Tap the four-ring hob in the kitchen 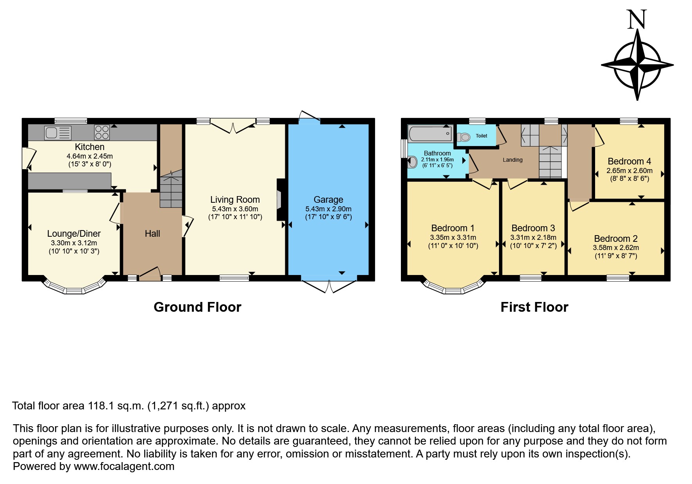[102, 132]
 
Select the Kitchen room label [89, 147]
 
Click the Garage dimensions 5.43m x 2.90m [328, 209]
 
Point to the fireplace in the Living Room [280, 200]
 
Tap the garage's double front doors [329, 286]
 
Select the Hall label [152, 234]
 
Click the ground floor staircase [171, 190]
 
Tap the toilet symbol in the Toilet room [463, 137]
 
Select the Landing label [512, 160]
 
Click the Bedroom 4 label [629, 161]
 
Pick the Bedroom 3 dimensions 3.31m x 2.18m [533, 238]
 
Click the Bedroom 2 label [615, 239]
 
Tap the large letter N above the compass [637, 20]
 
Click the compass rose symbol [637, 65]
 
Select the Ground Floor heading [197, 307]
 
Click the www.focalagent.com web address [124, 466]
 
